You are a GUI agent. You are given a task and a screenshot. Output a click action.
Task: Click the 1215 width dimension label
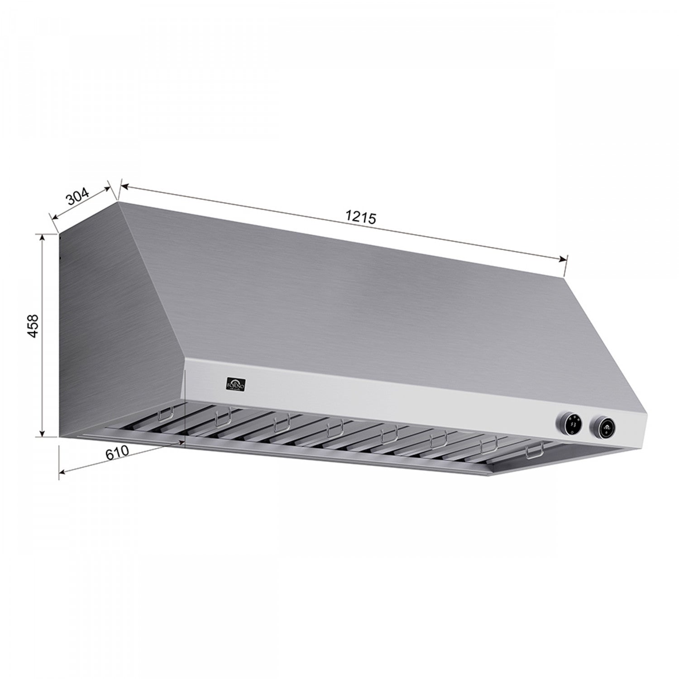pos(361,217)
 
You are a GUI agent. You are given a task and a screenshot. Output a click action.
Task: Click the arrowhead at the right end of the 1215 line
pos(563,259)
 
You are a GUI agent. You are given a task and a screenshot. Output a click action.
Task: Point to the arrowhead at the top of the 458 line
pos(43,237)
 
